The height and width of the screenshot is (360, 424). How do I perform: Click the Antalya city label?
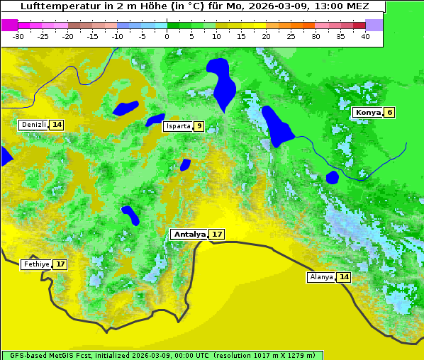(189, 234)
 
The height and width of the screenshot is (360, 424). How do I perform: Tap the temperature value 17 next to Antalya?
(217, 234)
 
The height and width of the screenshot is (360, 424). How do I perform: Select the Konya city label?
(367, 112)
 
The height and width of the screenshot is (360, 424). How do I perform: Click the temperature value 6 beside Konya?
(389, 112)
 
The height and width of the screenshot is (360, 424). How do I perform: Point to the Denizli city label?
(33, 125)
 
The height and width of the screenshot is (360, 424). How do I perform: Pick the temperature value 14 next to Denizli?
(57, 125)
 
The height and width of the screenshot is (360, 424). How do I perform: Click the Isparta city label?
(177, 126)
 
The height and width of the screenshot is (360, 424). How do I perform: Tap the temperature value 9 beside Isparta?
(199, 126)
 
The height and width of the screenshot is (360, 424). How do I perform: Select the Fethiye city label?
(36, 264)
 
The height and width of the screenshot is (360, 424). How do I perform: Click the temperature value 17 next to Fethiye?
(60, 264)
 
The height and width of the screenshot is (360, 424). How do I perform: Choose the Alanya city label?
(321, 277)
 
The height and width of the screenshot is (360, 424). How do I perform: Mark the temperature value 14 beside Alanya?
(344, 277)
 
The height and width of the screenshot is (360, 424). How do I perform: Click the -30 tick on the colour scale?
(18, 36)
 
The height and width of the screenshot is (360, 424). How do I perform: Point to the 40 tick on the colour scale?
(365, 36)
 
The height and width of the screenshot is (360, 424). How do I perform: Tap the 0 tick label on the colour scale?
(167, 36)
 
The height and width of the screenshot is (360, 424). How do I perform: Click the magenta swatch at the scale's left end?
(9, 25)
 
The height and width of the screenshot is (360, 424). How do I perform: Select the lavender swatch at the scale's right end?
(374, 25)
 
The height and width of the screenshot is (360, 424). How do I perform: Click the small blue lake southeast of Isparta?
(185, 164)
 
